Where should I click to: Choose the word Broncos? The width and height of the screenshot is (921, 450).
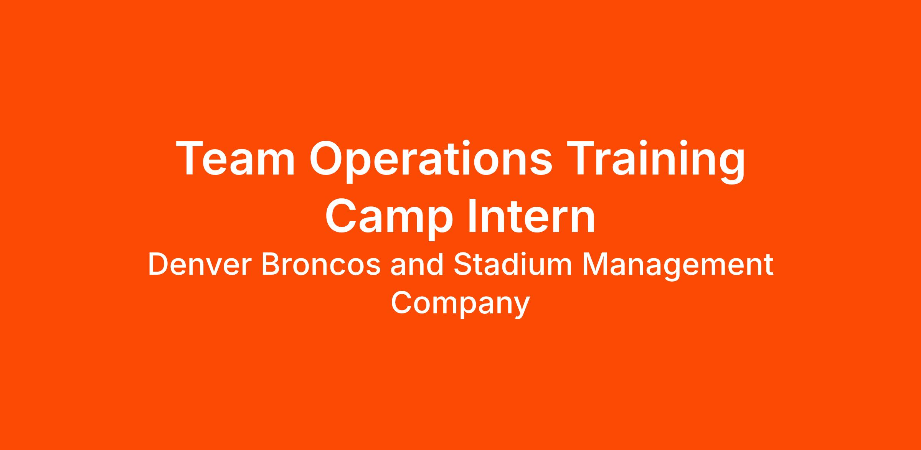tap(321, 265)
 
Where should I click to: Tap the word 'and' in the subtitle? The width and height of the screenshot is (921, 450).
tap(417, 264)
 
